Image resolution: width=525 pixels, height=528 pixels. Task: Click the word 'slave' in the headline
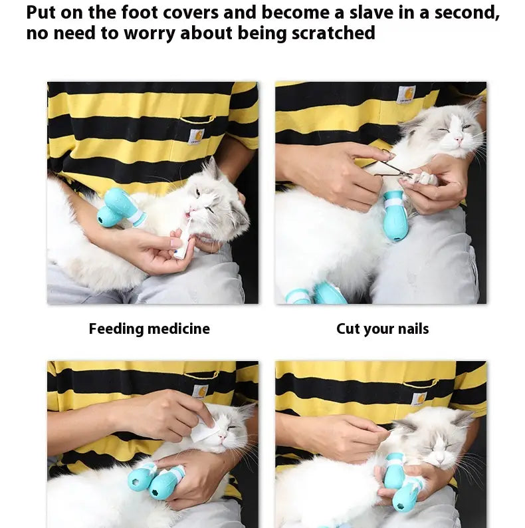[x=371, y=13]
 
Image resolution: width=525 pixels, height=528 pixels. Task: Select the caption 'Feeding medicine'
[x=150, y=329]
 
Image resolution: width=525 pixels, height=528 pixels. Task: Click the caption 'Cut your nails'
[x=383, y=329]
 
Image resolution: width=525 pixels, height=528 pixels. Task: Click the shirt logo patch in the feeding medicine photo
[x=196, y=137]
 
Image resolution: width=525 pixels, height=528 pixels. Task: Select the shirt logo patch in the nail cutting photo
[x=406, y=94]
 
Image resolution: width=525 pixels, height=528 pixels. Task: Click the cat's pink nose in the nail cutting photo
[x=458, y=139]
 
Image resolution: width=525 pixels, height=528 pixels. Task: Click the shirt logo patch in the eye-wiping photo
[x=200, y=392]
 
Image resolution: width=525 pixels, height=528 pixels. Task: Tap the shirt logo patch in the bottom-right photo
[x=419, y=398]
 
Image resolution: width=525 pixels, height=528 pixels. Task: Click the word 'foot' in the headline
[x=140, y=13]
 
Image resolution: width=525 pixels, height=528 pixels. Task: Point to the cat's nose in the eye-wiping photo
[x=222, y=436]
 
